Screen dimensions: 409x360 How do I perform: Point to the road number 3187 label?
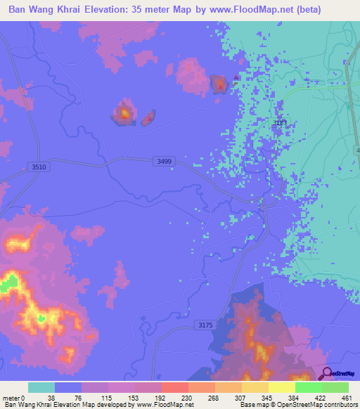(x=280, y=122)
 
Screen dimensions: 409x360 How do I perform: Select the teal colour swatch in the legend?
(x=41, y=387)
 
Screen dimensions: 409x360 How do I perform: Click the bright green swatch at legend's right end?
(x=335, y=387)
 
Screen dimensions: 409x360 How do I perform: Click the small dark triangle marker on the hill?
(x=235, y=79)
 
